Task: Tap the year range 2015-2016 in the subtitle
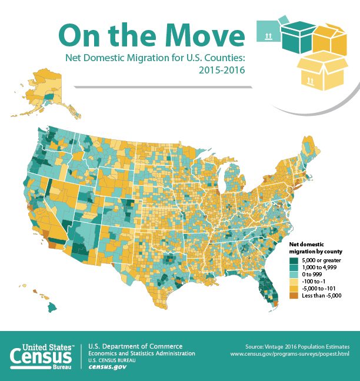222,69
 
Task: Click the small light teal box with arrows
268,31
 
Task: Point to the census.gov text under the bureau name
107,367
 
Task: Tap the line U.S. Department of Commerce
135,346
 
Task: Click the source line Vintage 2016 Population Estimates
299,346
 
